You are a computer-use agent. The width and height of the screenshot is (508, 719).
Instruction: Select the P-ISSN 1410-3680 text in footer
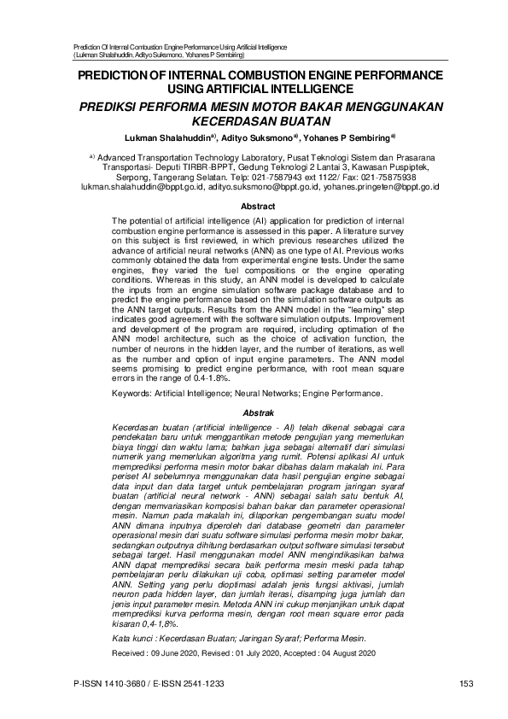click(114, 682)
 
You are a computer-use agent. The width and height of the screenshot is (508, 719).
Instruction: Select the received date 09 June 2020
click(178, 653)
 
